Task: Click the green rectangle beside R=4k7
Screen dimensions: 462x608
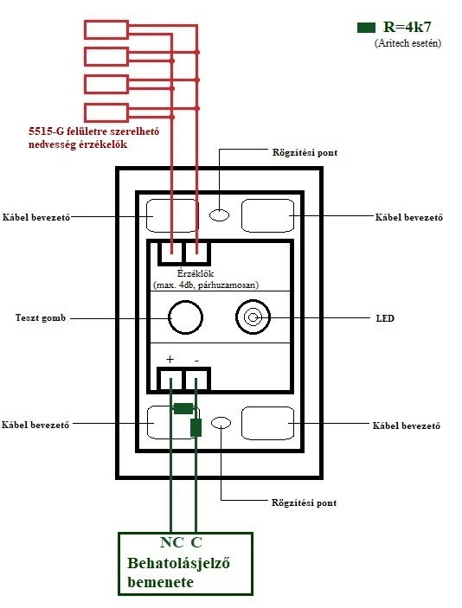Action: tap(366, 28)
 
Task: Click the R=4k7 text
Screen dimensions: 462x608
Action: tap(407, 27)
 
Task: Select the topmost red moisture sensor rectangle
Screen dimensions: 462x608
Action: tap(106, 30)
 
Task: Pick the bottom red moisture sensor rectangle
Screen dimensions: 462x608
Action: tap(106, 112)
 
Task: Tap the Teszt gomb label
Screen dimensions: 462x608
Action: tap(41, 318)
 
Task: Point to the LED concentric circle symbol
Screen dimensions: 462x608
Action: tap(253, 317)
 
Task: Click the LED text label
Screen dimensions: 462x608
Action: tap(385, 318)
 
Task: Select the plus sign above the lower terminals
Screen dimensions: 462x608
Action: tap(170, 360)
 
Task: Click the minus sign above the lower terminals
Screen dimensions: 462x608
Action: tap(196, 361)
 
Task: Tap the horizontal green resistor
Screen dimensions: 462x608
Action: tap(183, 408)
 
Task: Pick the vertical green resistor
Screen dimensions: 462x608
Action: tap(196, 428)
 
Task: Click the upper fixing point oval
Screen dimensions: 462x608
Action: tap(219, 214)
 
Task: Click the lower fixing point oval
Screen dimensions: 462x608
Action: tap(221, 423)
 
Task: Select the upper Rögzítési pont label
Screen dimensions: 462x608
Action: tap(305, 152)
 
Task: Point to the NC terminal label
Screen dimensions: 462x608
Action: tap(171, 542)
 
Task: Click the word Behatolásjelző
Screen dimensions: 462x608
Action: tap(178, 563)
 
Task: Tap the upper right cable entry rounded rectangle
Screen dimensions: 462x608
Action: tap(267, 215)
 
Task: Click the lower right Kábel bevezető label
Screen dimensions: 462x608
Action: tap(407, 426)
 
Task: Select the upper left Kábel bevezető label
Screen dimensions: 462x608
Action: tap(36, 217)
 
